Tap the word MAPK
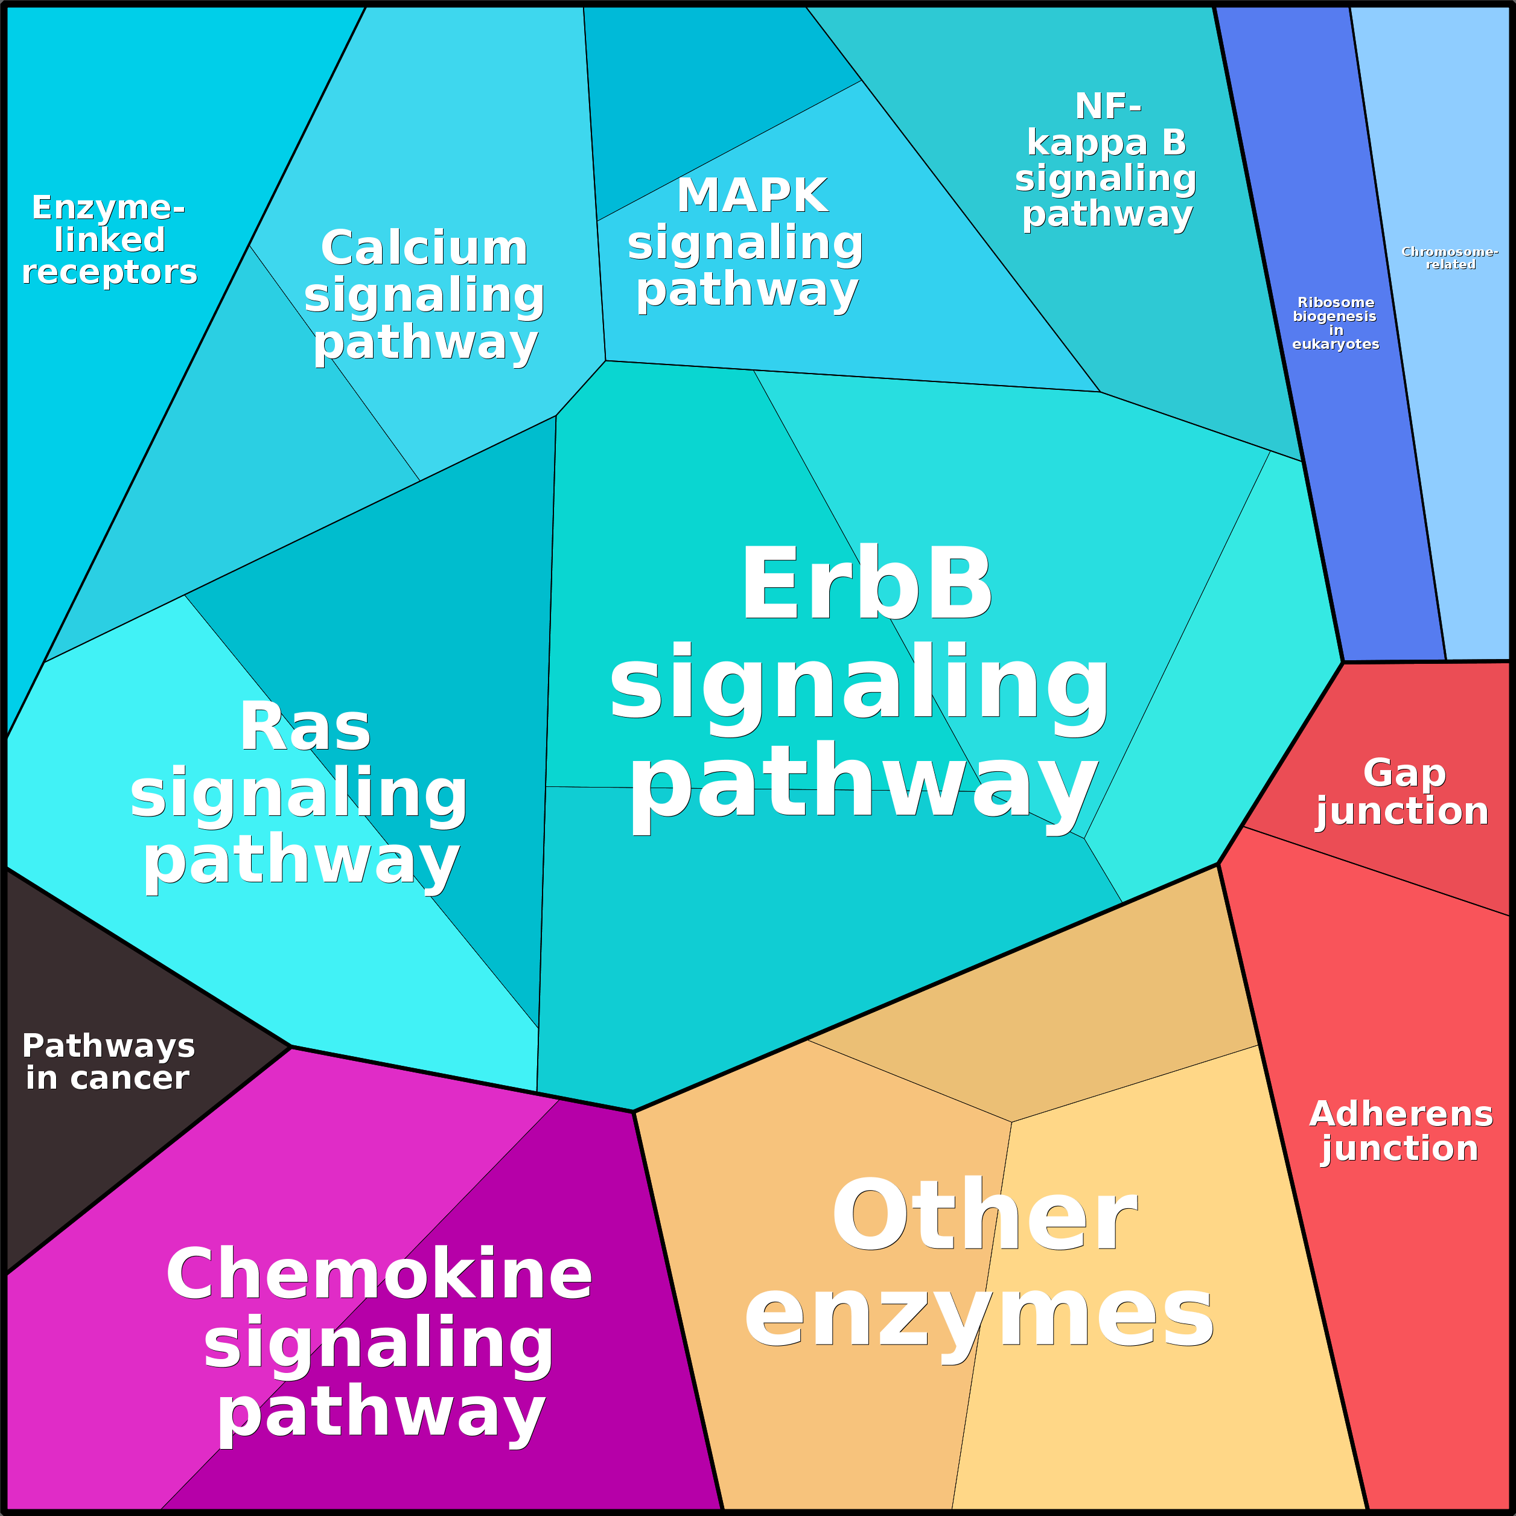coord(752,196)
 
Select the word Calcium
coord(424,248)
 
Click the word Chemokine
coord(378,1273)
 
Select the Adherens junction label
coord(1401,1131)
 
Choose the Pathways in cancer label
coord(108,1062)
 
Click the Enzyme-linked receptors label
coord(109,240)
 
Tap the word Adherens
coord(1401,1114)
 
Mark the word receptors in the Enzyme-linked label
coord(109,272)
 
